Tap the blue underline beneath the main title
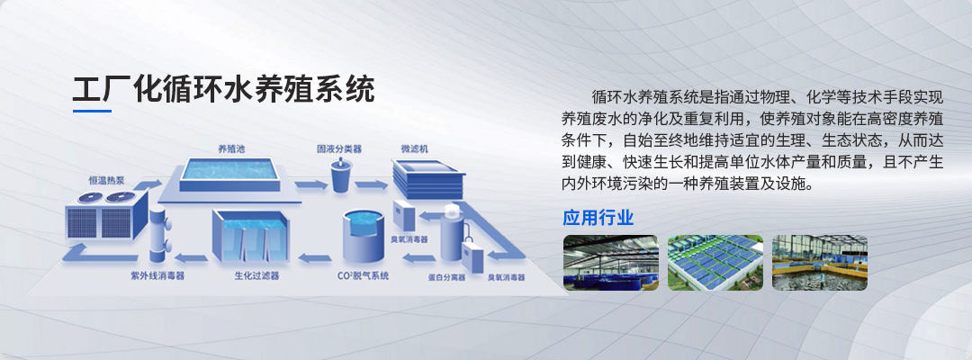pyautogui.click(x=93, y=111)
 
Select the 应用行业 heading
pyautogui.click(x=598, y=218)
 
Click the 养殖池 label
pyautogui.click(x=231, y=148)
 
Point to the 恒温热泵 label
pyautogui.click(x=106, y=180)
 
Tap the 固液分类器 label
pyautogui.click(x=339, y=148)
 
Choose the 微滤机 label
pyautogui.click(x=415, y=148)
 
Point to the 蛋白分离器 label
pyautogui.click(x=446, y=277)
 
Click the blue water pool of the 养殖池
pyautogui.click(x=230, y=168)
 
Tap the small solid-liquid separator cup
pyautogui.click(x=341, y=175)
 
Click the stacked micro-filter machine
pyautogui.click(x=428, y=178)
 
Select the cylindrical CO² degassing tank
pyautogui.click(x=364, y=238)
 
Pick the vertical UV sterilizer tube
pyautogui.click(x=157, y=234)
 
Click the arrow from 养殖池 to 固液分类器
pyautogui.click(x=310, y=184)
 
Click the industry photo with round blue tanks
pyautogui.click(x=610, y=263)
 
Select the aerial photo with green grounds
pyautogui.click(x=715, y=263)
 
